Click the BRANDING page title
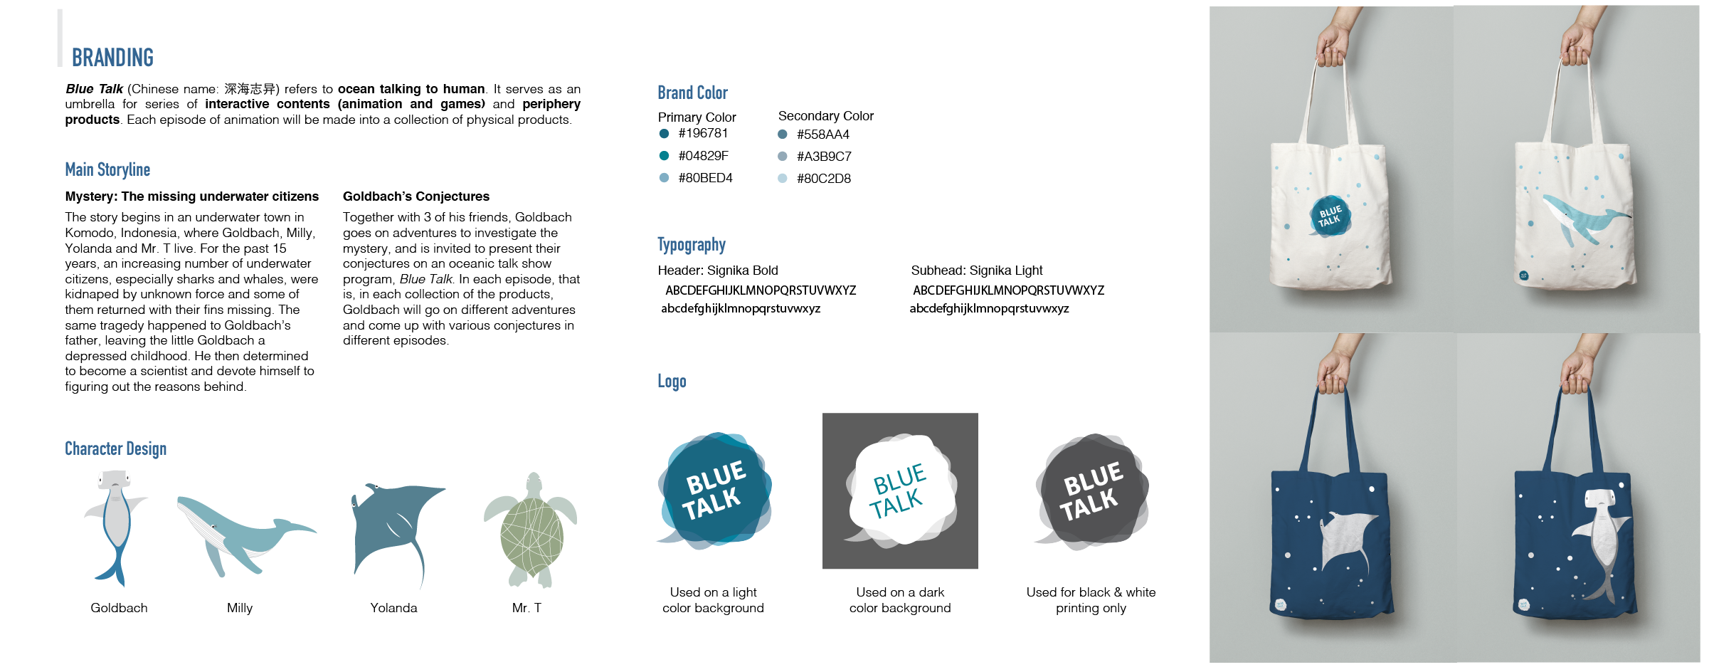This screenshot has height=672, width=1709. [112, 58]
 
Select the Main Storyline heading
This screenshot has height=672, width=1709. [107, 169]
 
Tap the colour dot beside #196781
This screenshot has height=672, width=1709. [664, 133]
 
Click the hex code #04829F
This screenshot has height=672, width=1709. [703, 156]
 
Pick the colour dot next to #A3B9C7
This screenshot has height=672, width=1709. [783, 157]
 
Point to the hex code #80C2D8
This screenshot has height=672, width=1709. [823, 179]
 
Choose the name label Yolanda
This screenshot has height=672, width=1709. [393, 608]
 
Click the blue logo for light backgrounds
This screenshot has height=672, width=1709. [714, 491]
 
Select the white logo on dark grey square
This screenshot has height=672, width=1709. [900, 491]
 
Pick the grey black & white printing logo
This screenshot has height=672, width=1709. [1091, 491]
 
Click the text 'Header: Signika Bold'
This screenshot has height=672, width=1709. [718, 271]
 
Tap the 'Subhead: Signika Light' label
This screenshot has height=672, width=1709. [976, 271]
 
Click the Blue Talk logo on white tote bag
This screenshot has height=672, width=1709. [1329, 216]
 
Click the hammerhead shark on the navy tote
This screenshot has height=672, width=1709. [1601, 541]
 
